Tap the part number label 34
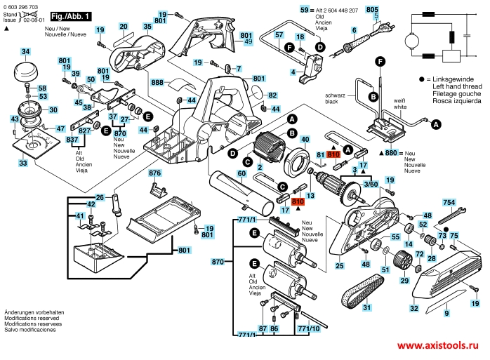tap(25, 51)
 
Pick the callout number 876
tap(154, 172)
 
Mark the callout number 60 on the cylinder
tap(241, 173)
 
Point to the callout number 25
tap(339, 265)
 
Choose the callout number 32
tap(414, 307)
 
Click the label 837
tap(72, 140)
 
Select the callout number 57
tap(279, 34)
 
